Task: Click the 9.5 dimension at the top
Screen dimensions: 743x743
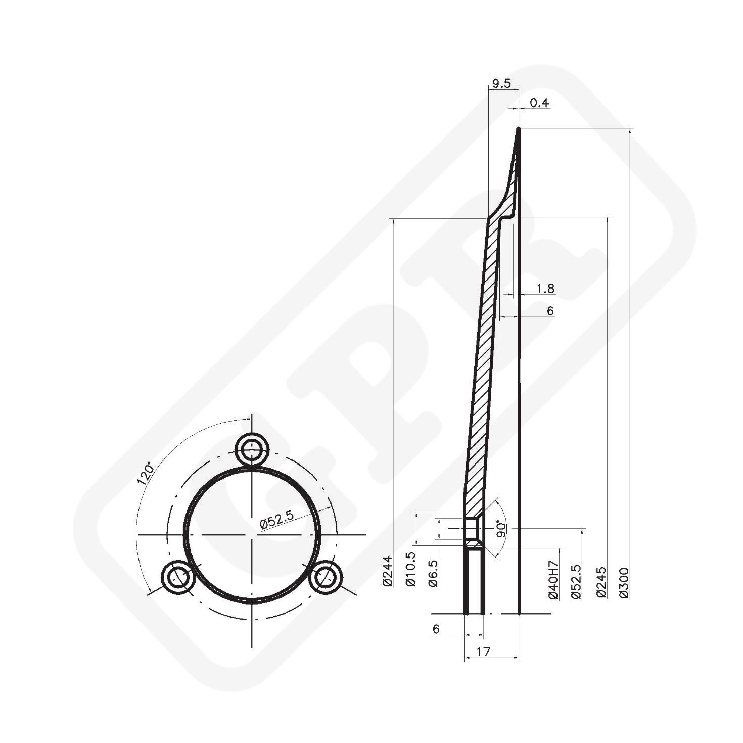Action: point(501,84)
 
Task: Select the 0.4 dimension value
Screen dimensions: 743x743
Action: point(539,103)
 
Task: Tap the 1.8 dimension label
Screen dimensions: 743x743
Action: point(545,289)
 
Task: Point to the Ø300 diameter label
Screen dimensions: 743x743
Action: point(624,583)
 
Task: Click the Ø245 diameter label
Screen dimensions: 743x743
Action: point(601,582)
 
